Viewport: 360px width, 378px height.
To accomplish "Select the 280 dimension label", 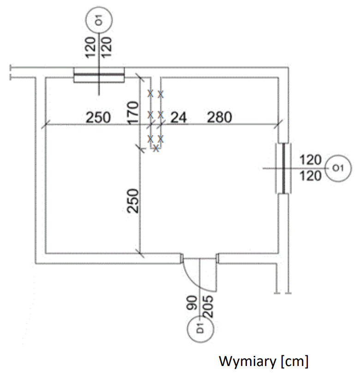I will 219,118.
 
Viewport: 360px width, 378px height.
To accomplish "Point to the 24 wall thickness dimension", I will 178,118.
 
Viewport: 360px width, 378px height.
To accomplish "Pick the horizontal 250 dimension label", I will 98,118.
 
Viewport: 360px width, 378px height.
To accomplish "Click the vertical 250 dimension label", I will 133,201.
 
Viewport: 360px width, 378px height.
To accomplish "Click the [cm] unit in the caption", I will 294,361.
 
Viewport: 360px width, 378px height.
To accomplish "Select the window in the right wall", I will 282,168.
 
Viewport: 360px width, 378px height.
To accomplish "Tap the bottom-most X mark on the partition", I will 156,148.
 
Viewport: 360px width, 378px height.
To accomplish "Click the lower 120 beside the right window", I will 310,176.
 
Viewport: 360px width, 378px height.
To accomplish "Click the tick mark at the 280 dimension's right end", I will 278,124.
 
